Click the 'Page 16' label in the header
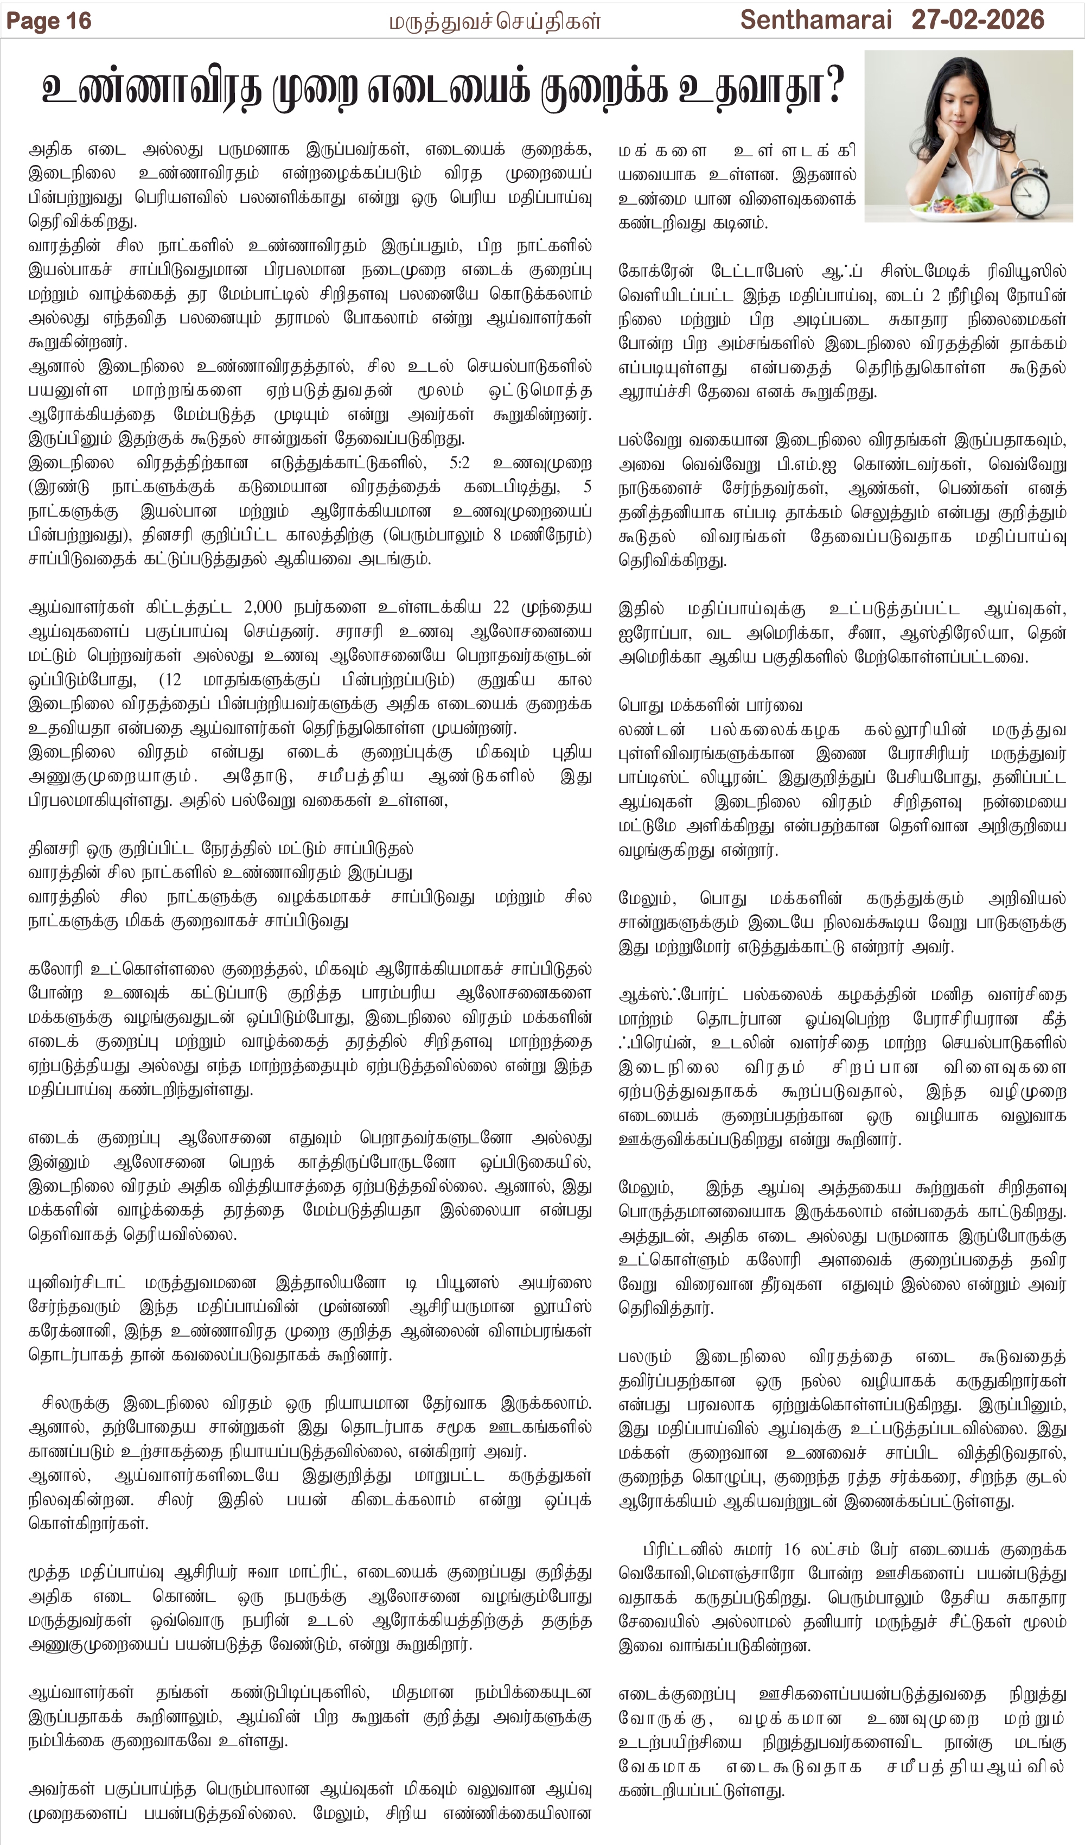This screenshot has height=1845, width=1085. (x=48, y=21)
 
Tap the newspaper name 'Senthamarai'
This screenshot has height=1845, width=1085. (x=815, y=20)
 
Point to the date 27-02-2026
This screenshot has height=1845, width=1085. (x=978, y=20)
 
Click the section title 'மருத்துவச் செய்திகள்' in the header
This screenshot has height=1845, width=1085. (x=494, y=21)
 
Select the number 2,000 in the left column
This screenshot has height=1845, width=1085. (x=262, y=607)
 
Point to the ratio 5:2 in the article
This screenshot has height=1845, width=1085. (x=460, y=463)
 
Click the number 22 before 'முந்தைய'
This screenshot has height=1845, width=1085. (x=501, y=607)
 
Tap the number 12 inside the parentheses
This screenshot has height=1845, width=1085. (x=172, y=679)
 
